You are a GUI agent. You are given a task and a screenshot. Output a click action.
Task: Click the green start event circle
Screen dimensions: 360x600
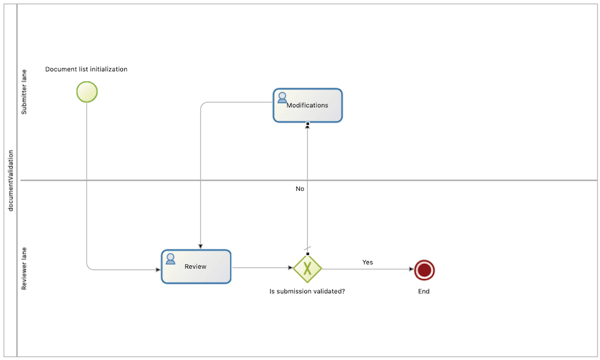pyautogui.click(x=87, y=92)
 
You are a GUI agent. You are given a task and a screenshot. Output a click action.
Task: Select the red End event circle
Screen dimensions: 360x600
pyautogui.click(x=424, y=270)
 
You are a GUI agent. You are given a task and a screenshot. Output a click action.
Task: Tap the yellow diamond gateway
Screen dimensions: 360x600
pyautogui.click(x=307, y=268)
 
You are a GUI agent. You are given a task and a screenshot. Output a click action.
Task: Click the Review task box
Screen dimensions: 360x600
pyautogui.click(x=196, y=266)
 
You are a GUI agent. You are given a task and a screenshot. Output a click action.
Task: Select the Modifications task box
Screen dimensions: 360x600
pyautogui.click(x=308, y=106)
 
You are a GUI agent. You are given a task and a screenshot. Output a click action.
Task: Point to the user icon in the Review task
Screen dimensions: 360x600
pyautogui.click(x=170, y=259)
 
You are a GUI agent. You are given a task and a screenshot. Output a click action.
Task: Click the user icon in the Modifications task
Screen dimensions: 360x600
pyautogui.click(x=282, y=97)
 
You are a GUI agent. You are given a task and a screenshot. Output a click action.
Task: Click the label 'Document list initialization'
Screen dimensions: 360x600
pyautogui.click(x=86, y=69)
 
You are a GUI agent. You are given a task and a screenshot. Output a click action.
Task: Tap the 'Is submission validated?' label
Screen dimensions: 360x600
pyautogui.click(x=307, y=292)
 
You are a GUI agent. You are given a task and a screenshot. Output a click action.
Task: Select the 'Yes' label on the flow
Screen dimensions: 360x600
pyautogui.click(x=367, y=262)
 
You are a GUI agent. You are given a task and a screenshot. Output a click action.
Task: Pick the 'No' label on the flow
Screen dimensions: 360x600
pyautogui.click(x=300, y=188)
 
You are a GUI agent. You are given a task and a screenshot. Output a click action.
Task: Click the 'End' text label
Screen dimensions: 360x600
pyautogui.click(x=424, y=292)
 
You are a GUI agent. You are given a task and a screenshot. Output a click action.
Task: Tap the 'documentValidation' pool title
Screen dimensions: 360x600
pyautogui.click(x=10, y=180)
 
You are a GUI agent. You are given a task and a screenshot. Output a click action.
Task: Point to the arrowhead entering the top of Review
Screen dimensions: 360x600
pyautogui.click(x=200, y=247)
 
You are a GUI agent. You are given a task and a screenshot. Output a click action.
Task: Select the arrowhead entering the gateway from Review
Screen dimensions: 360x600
pyautogui.click(x=290, y=268)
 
